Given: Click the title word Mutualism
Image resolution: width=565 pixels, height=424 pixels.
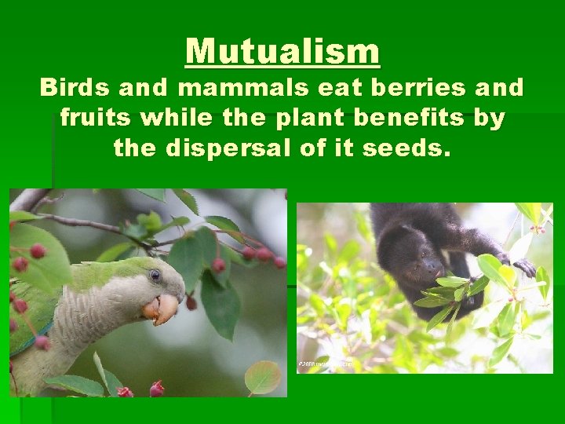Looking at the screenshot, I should (x=282, y=52).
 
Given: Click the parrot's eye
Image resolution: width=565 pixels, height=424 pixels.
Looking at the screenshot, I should (x=155, y=275).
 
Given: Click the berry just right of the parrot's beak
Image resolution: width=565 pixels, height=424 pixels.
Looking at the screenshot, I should (x=191, y=303).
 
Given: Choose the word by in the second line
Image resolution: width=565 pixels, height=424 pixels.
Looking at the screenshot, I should (x=490, y=119).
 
